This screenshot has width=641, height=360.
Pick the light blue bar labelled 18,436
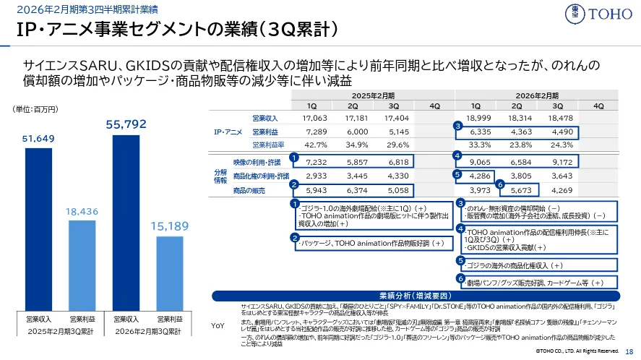pos(82,264)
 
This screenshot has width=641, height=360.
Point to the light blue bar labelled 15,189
pos(171,270)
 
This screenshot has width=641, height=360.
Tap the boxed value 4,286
pos(479,176)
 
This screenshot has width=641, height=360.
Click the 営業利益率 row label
pos(264,144)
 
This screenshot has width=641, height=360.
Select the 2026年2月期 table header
pos(537,95)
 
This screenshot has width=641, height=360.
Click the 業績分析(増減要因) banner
pos(415,296)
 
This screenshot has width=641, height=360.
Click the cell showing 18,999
pos(479,118)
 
